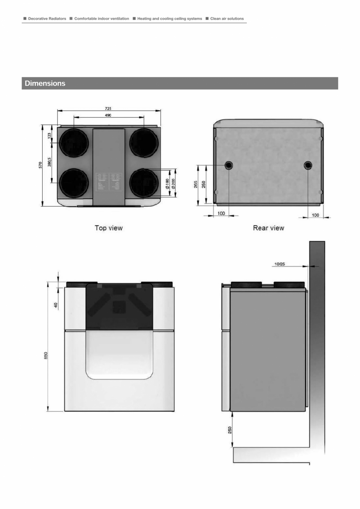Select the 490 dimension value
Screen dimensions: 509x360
[108, 115]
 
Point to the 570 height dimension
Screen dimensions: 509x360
[41, 165]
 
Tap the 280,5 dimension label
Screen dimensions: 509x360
[49, 162]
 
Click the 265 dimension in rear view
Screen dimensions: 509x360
[196, 184]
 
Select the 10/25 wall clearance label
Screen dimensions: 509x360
[279, 264]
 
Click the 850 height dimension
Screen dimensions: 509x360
[46, 355]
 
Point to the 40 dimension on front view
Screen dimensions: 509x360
[56, 304]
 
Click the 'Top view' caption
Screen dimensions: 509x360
[108, 227]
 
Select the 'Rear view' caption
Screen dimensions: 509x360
[268, 227]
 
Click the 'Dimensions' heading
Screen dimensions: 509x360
[45, 83]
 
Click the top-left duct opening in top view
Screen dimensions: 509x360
[74, 143]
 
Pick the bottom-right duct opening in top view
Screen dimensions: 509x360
[144, 183]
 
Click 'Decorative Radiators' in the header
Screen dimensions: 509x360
[47, 18]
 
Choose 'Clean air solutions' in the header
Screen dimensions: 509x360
[227, 18]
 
